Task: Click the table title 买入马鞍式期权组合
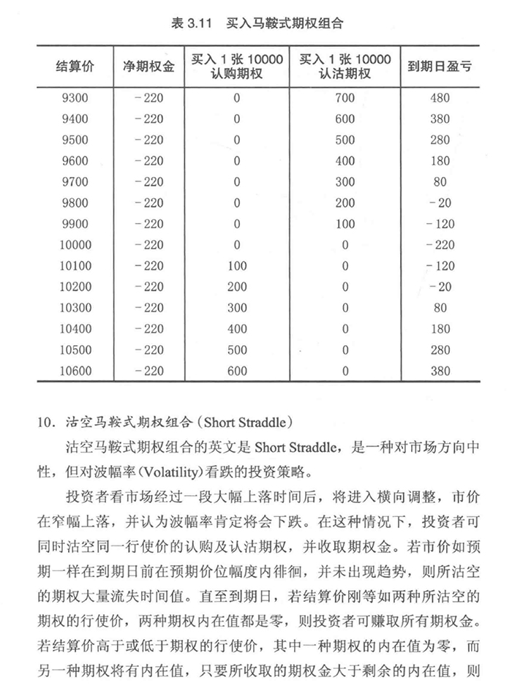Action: (285, 23)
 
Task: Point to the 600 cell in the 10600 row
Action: (237, 371)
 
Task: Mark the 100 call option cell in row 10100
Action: (237, 266)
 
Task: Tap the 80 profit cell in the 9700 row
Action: (440, 182)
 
